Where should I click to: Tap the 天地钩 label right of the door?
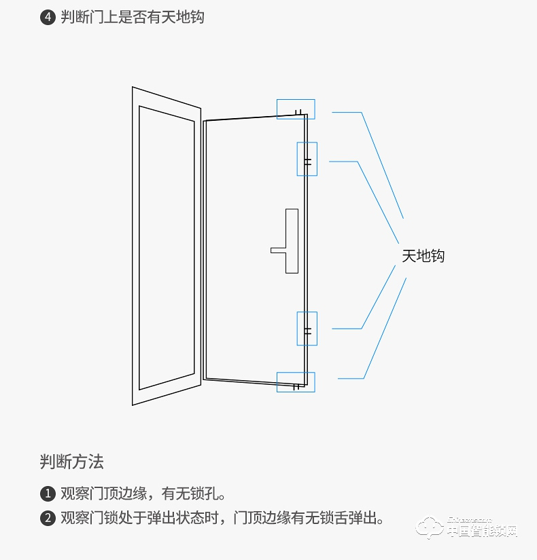coord(423,256)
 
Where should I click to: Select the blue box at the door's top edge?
coord(296,109)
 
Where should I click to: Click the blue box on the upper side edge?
coord(307,159)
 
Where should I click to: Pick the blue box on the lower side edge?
coord(307,329)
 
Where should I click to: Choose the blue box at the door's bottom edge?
coord(296,381)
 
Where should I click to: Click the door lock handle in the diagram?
coord(292,240)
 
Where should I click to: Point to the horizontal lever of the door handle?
coord(278,250)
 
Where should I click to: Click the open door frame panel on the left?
coord(167,246)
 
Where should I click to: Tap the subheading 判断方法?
coord(71,463)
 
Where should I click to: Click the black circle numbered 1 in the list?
coord(47,493)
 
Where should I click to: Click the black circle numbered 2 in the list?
coord(47,519)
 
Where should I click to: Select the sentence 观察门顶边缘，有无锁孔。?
coord(143,493)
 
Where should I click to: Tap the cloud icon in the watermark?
coord(430,528)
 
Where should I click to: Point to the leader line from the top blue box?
coord(381,163)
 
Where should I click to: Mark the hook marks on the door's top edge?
coord(298,111)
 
